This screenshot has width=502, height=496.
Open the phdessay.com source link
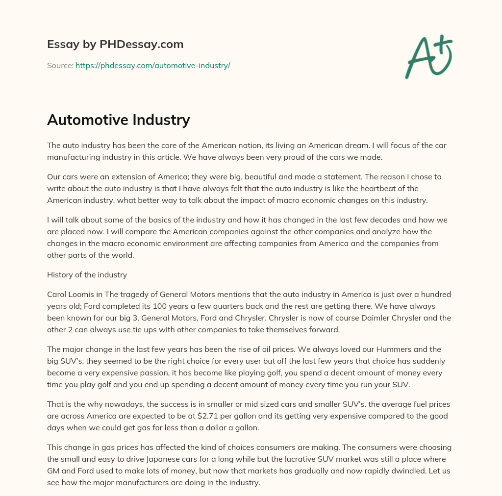(152, 65)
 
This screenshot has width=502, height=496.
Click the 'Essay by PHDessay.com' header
(115, 44)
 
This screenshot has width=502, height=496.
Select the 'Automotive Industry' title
(118, 120)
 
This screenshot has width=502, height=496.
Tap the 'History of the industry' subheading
(87, 274)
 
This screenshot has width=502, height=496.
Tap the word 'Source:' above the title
(60, 65)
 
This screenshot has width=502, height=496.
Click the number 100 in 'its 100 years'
(152, 306)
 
